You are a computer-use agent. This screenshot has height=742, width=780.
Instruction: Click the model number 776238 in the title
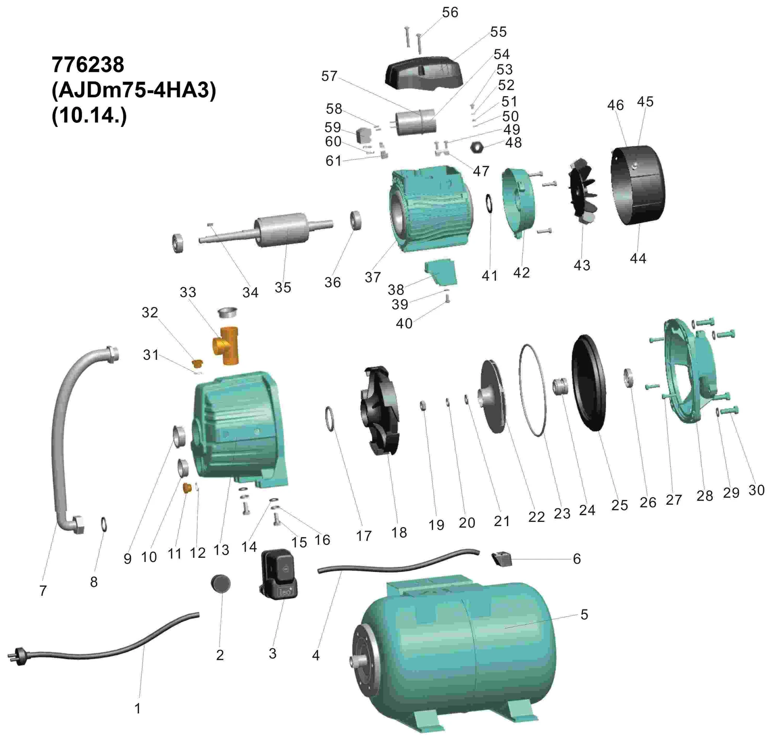[x=88, y=65]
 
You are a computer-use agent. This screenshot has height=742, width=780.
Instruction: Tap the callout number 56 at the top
[x=450, y=13]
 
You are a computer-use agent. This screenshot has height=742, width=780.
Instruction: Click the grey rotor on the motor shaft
[x=282, y=229]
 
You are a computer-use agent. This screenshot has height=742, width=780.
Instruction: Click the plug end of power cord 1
[x=14, y=656]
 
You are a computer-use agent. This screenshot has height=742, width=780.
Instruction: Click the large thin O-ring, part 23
[x=533, y=390]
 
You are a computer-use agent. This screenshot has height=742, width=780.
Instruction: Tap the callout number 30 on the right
[x=756, y=490]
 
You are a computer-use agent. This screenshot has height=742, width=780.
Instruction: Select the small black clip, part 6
[x=502, y=559]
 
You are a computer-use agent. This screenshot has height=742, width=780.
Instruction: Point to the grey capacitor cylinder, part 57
[x=416, y=122]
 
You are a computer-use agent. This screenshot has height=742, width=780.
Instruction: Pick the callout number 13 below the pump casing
[x=221, y=550]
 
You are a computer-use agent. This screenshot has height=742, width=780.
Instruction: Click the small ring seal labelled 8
[x=103, y=524]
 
